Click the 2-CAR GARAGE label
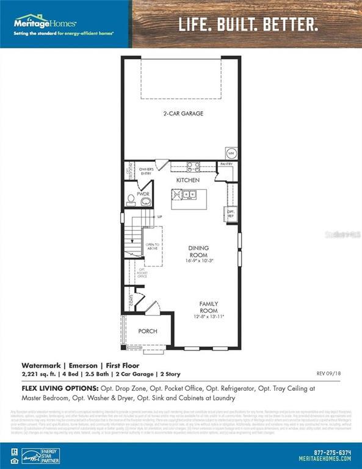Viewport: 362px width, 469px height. tap(183, 114)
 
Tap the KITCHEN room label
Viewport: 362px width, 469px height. tap(188, 181)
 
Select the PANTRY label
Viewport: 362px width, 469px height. tap(226, 165)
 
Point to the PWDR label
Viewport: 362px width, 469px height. tap(143, 194)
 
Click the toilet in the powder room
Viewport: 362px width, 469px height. tap(131, 199)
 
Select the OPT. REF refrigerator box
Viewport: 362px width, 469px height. tap(231, 214)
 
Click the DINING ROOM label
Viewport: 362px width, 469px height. tap(198, 251)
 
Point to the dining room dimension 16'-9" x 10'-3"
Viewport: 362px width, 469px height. tap(198, 261)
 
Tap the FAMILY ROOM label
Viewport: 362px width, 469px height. tap(209, 307)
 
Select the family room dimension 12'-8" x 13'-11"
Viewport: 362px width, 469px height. tap(209, 317)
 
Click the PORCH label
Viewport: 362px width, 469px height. tap(148, 332)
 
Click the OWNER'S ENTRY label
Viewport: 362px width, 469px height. tap(146, 171)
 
